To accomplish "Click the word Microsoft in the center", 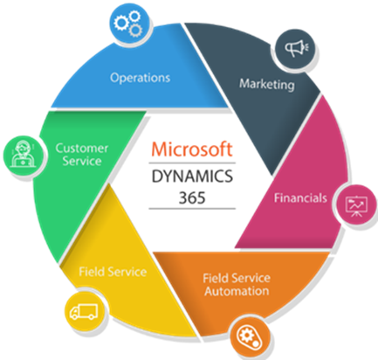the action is (192, 149).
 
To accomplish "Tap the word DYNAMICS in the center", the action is (192, 177).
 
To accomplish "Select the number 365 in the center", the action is (192, 197).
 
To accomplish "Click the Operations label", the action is (140, 78).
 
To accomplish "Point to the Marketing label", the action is (267, 85).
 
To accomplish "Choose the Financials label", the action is (300, 198).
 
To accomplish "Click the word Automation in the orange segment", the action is (237, 291).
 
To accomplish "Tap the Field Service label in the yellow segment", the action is (113, 272).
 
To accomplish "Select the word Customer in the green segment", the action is (82, 149).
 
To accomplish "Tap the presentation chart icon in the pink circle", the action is (356, 206).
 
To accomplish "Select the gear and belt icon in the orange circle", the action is (250, 337).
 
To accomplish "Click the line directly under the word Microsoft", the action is (192, 163).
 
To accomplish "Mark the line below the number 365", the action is (192, 209).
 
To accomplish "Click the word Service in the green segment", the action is (82, 161).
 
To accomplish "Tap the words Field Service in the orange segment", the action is (237, 278).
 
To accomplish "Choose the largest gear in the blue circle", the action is (121, 23).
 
